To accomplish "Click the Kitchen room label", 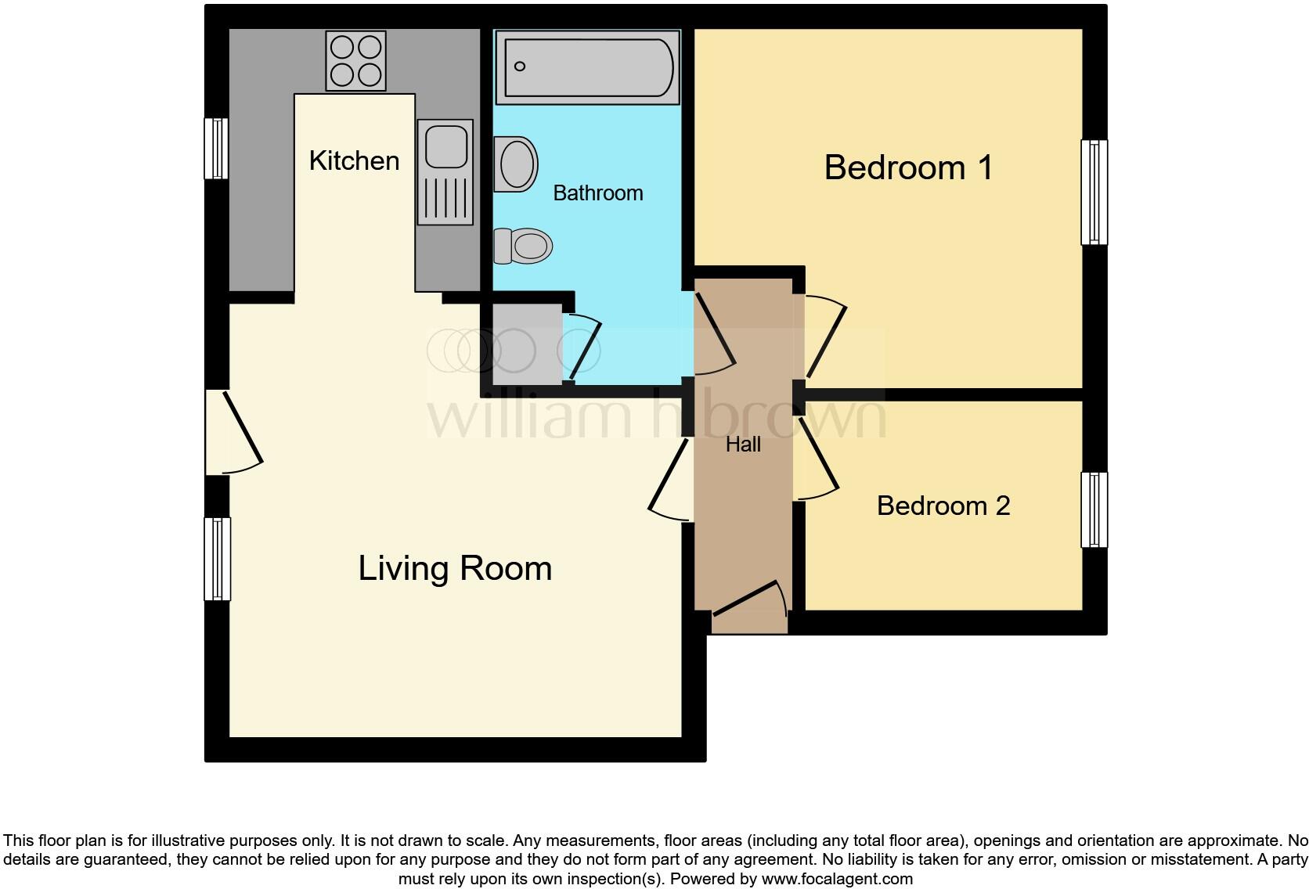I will coord(354,161).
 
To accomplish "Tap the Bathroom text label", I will coord(597,193).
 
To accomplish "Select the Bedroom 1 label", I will coord(908,168).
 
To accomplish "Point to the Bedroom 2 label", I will coord(943,506).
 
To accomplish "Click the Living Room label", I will coord(455,569).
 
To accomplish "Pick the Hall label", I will coord(743,445).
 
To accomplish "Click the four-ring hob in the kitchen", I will coord(355,61).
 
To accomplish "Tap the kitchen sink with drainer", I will coord(445,171).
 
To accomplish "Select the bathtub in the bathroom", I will coord(587,67).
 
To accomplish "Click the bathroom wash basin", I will coord(516,164).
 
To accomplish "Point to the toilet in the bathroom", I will coord(523,247).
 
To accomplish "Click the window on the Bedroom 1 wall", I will coord(1094,193).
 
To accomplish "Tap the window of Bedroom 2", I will coord(1094,510).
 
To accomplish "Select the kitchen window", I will coord(216,149).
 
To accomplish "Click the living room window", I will coord(217,559).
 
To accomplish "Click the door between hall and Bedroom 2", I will coord(817,462).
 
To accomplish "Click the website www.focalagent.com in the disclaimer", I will coord(836,879).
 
